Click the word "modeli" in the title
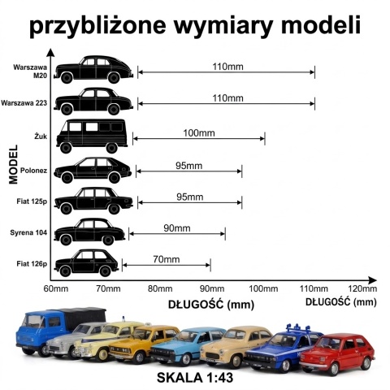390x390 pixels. point(321,25)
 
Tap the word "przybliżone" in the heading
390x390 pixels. point(97,26)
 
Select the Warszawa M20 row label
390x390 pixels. point(30,71)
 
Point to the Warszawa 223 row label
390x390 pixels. point(24,103)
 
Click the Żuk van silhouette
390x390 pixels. point(92,136)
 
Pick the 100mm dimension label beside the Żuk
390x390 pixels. point(199,133)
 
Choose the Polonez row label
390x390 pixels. point(33,171)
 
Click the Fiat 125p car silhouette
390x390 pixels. point(93,201)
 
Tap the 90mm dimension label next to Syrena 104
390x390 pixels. point(177,228)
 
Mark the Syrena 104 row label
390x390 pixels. point(28,232)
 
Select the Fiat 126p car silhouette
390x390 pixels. point(86,263)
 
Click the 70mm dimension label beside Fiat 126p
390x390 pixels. point(167,259)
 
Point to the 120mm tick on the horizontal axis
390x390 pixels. point(362,288)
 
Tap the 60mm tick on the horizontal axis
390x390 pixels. point(56,288)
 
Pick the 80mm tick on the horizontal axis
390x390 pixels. point(160,288)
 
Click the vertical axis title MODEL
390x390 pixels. point(13,164)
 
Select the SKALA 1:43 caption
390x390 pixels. point(195,378)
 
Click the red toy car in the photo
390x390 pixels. point(337,353)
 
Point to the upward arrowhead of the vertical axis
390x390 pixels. point(50,52)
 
